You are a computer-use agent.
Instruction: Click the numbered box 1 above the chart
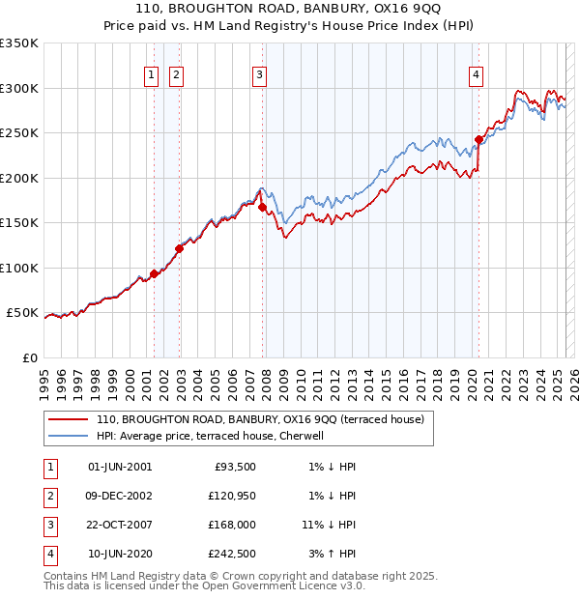[153, 77]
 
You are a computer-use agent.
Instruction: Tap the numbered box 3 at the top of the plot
[261, 77]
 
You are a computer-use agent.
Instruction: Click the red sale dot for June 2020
[478, 139]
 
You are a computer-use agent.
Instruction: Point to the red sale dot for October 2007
[262, 206]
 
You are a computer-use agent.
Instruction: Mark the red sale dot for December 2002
[179, 248]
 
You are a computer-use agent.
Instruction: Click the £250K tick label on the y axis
[18, 133]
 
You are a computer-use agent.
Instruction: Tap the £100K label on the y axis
[18, 268]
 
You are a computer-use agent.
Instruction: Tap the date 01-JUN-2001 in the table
[120, 467]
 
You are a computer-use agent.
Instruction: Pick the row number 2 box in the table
[48, 496]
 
